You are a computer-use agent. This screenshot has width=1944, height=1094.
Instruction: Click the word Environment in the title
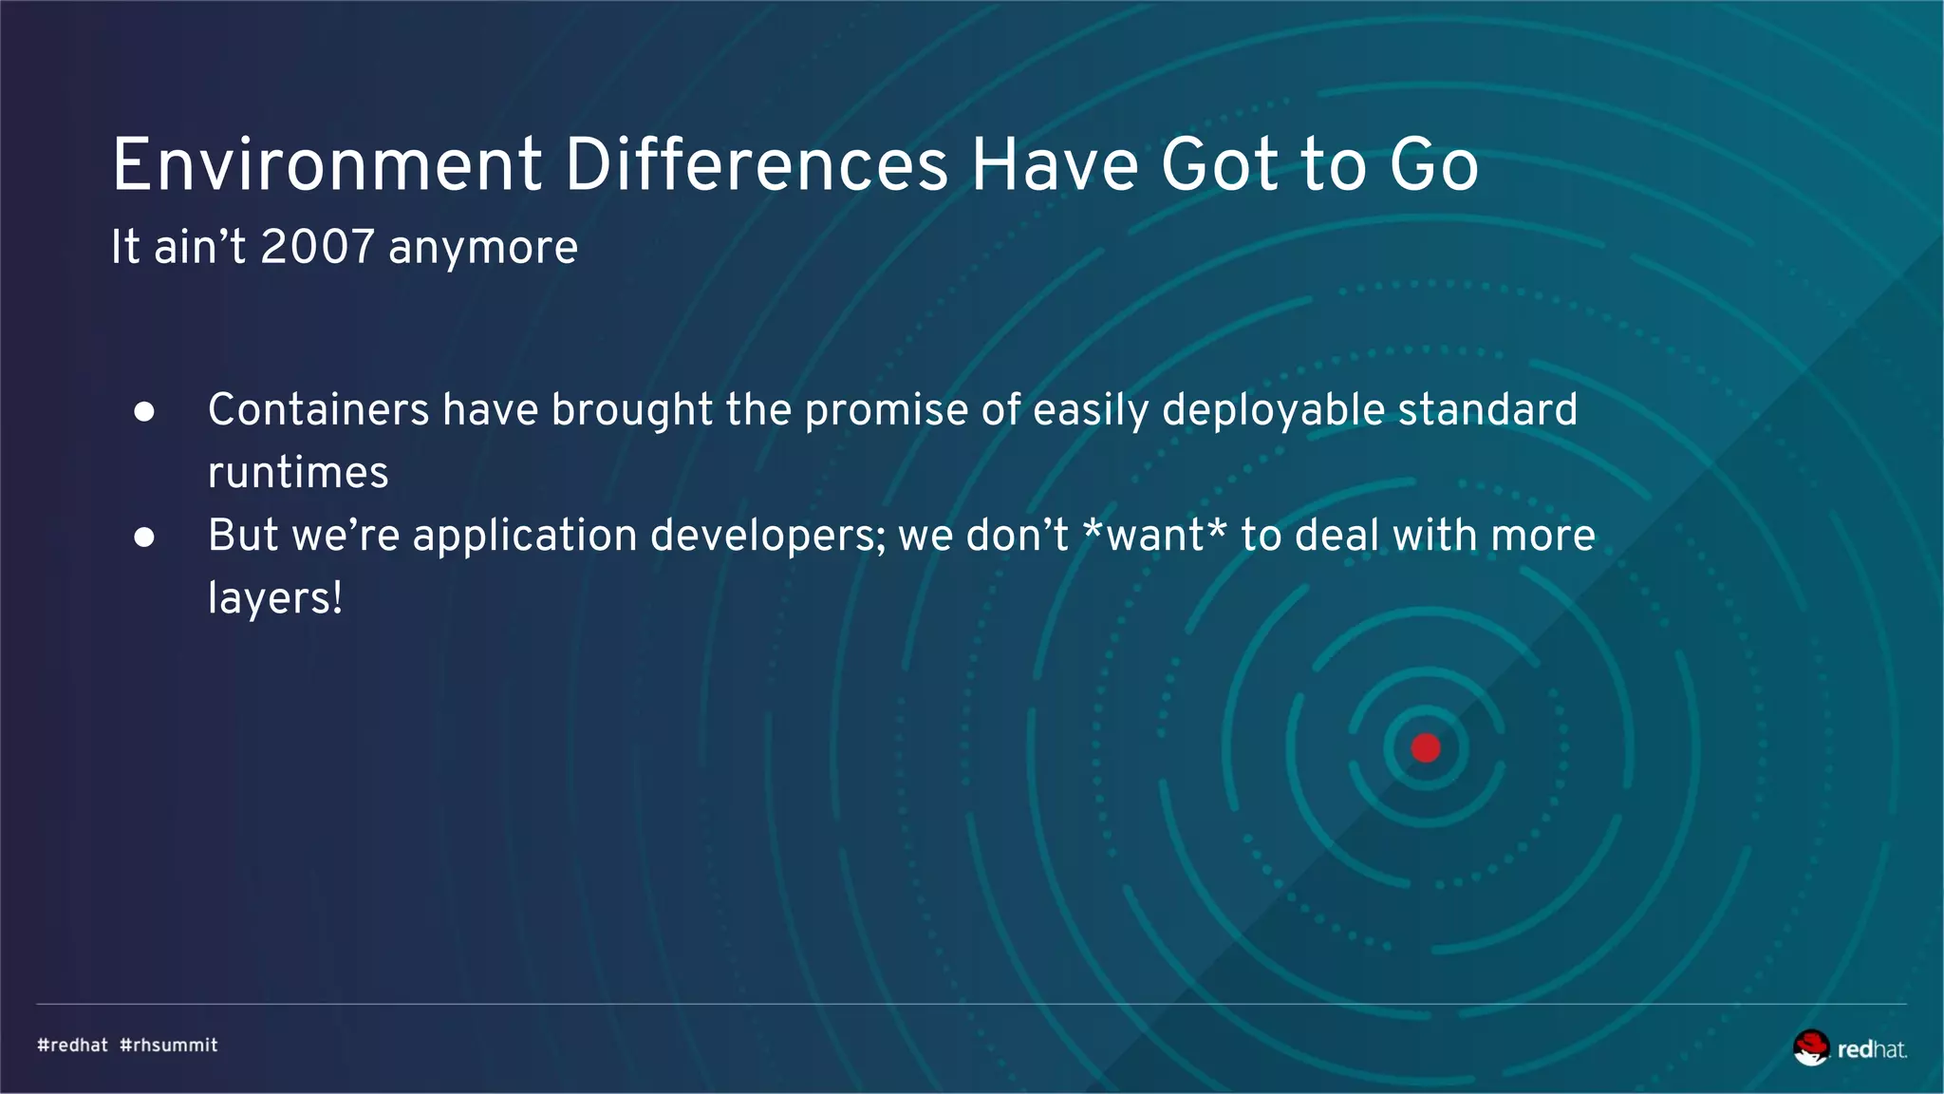[x=327, y=165]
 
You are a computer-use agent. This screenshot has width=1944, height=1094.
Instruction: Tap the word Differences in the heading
[x=756, y=165]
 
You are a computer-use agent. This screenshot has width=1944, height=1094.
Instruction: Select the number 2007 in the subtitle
[x=317, y=247]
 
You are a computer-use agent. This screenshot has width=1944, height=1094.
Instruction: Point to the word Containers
[x=319, y=410]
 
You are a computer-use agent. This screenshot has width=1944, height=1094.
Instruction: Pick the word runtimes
[x=298, y=473]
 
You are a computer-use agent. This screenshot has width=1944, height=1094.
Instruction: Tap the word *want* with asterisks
[x=1154, y=536]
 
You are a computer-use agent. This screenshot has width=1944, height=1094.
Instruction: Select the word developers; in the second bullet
[x=768, y=537]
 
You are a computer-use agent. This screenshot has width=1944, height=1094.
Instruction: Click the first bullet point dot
[x=144, y=412]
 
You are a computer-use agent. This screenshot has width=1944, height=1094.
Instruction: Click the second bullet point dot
[x=144, y=538]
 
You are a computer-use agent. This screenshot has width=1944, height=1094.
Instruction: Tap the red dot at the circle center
[x=1426, y=748]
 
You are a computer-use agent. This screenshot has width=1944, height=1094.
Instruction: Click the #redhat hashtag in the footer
[x=72, y=1045]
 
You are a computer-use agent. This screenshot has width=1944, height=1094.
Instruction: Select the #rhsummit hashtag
[x=169, y=1045]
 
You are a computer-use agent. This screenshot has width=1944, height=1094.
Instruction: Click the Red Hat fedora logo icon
[x=1811, y=1047]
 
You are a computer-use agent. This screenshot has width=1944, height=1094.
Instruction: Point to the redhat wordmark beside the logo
[x=1872, y=1049]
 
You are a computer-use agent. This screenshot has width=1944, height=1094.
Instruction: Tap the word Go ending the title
[x=1433, y=165]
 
